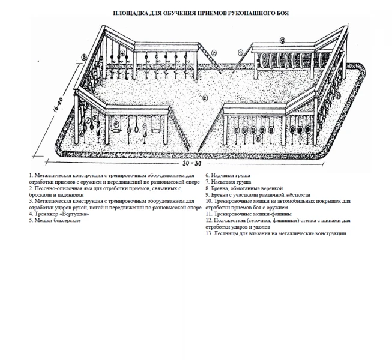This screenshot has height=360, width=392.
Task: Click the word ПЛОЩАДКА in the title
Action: pyautogui.click(x=130, y=13)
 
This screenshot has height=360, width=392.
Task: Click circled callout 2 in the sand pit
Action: pyautogui.click(x=204, y=97)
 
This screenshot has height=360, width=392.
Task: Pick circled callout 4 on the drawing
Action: pyautogui.click(x=122, y=53)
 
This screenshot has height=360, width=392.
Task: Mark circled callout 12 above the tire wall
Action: pyautogui.click(x=281, y=41)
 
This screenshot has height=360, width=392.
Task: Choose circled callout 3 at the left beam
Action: pyautogui.click(x=84, y=56)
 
